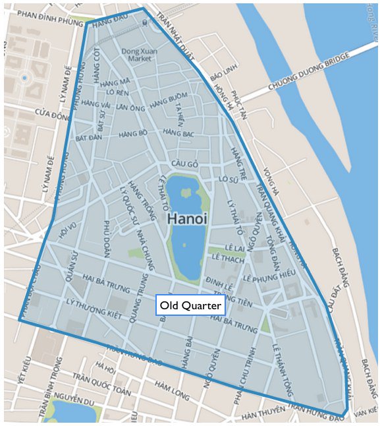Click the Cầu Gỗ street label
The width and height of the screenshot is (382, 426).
click(x=184, y=164)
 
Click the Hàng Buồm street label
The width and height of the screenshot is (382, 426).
click(x=169, y=102)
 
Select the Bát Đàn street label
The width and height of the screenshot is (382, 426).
click(x=89, y=139)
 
